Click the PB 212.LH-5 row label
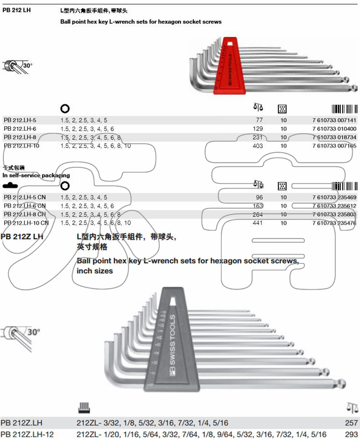click(20, 120)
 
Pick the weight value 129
click(258, 129)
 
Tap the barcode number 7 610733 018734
click(334, 137)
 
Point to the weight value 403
click(258, 146)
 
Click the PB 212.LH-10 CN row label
click(26, 223)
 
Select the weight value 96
click(259, 197)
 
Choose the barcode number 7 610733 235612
click(334, 206)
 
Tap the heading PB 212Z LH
click(22, 237)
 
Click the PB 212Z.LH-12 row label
click(27, 434)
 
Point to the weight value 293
click(351, 434)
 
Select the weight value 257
click(351, 423)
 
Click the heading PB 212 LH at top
click(17, 10)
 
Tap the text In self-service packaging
click(36, 175)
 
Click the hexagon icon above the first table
click(65, 108)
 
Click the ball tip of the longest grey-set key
click(342, 383)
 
